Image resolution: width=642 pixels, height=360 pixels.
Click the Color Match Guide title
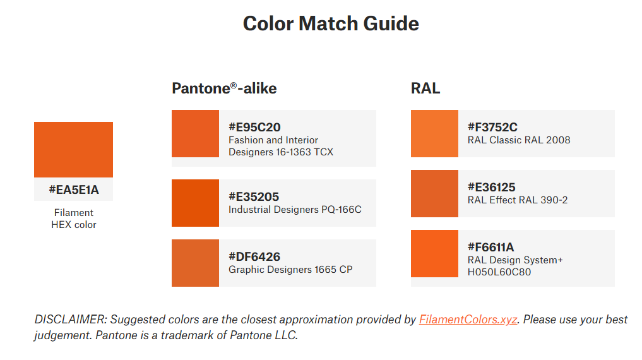click(x=331, y=23)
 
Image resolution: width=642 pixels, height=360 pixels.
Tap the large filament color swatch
click(x=73, y=150)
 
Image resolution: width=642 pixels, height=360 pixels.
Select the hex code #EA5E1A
click(x=74, y=189)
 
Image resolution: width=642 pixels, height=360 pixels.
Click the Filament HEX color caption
click(x=74, y=219)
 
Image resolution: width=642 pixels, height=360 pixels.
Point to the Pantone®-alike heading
click(x=224, y=88)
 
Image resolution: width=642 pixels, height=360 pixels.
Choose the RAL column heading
click(x=425, y=88)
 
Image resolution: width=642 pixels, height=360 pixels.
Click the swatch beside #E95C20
click(x=195, y=133)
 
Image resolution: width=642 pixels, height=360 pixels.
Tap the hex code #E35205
click(x=254, y=196)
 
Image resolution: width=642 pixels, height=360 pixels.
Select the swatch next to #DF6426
click(x=195, y=263)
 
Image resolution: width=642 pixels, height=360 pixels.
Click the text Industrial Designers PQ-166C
click(x=295, y=209)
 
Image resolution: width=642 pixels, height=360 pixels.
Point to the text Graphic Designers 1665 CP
click(x=290, y=270)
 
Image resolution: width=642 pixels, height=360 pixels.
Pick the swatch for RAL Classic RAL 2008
click(x=434, y=133)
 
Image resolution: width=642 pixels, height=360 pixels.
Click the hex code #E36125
click(x=491, y=187)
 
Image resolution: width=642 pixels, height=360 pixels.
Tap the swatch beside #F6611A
click(x=434, y=253)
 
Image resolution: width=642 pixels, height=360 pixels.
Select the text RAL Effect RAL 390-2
click(x=518, y=200)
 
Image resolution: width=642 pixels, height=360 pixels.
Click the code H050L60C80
click(x=499, y=272)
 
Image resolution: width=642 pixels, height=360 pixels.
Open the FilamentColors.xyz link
click(x=468, y=320)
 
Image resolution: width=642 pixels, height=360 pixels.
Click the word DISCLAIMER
click(x=71, y=320)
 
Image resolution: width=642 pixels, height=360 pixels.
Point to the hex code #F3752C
click(x=492, y=127)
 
